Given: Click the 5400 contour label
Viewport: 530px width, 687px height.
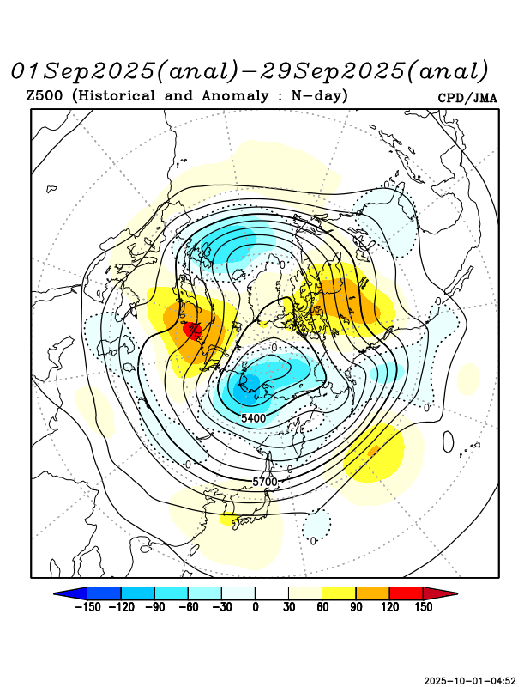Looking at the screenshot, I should (253, 418).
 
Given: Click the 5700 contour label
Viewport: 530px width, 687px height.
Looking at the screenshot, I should (265, 483).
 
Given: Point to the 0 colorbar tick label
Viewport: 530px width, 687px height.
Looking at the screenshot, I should (256, 607).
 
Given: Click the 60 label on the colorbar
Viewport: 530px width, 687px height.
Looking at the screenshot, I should (322, 607).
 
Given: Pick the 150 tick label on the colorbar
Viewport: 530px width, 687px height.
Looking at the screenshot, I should (423, 607).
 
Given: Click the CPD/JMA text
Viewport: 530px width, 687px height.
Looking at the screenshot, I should (467, 98).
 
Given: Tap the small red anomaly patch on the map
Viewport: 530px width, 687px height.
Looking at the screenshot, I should (192, 329).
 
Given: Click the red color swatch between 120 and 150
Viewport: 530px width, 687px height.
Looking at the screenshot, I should (406, 593).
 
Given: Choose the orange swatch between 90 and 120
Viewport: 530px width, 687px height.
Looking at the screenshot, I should (372, 593).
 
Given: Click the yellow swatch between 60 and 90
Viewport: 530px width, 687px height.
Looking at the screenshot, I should (339, 593).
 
